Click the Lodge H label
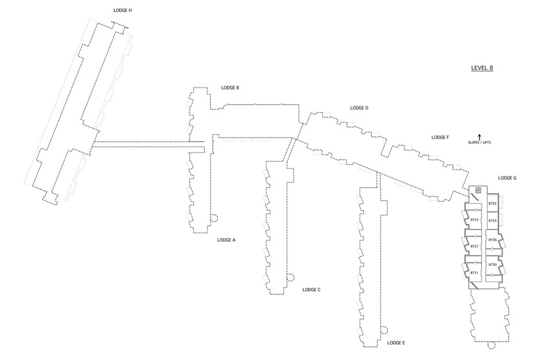[x=123, y=10]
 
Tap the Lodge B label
[x=230, y=88]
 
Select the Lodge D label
[x=359, y=108]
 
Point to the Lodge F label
[x=440, y=138]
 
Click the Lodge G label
[x=508, y=178]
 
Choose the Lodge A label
[x=226, y=240]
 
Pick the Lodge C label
[x=311, y=290]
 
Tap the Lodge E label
[x=396, y=343]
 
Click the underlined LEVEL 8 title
[x=482, y=68]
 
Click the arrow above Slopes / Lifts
[x=479, y=137]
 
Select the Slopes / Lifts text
[x=480, y=143]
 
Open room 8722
[x=493, y=204]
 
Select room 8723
[x=475, y=220]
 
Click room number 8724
[x=493, y=221]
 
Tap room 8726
[x=493, y=240]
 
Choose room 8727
[x=475, y=246]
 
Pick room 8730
[x=493, y=265]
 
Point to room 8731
[x=475, y=273]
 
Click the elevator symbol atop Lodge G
[x=478, y=190]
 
